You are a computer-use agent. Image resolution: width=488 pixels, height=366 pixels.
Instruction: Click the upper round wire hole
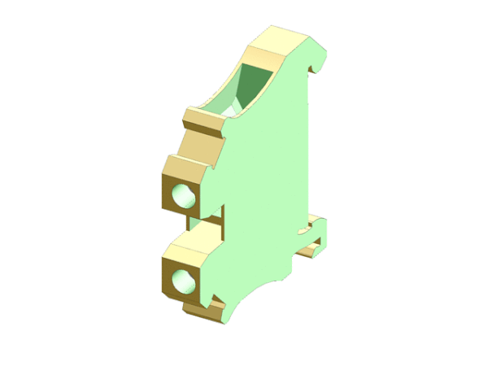coord(185,196)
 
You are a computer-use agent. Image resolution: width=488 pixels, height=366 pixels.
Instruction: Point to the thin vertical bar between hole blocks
coord(221,224)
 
